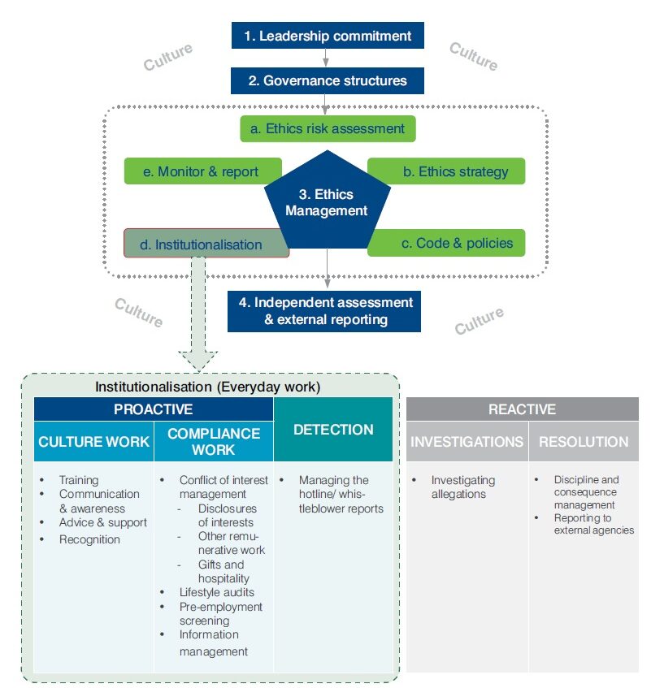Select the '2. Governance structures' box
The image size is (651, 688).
[327, 81]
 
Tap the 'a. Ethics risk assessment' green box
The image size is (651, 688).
[328, 128]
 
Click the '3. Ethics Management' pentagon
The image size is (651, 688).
[327, 203]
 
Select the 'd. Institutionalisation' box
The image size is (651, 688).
[207, 244]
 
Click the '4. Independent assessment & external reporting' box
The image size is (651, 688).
[324, 310]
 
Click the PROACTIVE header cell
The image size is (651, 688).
[154, 409]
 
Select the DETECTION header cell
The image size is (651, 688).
[333, 430]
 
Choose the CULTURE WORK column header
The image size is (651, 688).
[94, 442]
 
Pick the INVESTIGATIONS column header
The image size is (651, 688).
[467, 442]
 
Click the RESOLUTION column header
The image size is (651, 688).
[583, 442]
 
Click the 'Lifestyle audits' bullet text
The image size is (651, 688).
[215, 592]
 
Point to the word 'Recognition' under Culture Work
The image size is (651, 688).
[89, 539]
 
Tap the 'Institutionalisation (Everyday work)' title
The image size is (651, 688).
[209, 386]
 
